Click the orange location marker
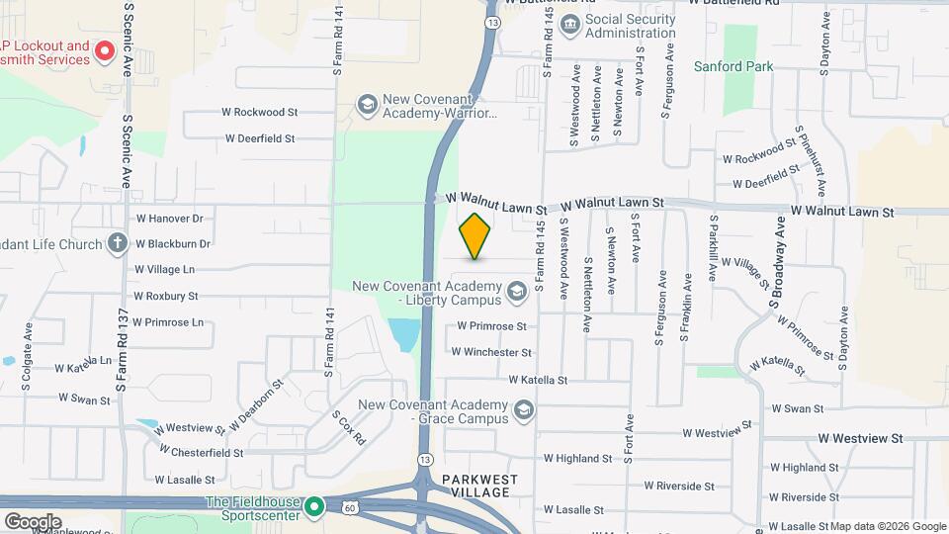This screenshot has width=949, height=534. [x=475, y=236]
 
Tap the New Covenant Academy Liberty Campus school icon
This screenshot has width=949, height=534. [x=515, y=292]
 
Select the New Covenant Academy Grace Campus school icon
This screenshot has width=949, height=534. [x=523, y=409]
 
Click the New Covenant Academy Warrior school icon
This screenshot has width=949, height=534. [x=368, y=105]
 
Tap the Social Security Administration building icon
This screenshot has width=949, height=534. [x=569, y=25]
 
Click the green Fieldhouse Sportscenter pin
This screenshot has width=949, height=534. [x=315, y=508]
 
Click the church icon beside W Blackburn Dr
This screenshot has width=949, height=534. [x=117, y=243]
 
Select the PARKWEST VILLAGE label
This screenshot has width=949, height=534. [x=479, y=479]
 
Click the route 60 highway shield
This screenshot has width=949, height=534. [x=349, y=507]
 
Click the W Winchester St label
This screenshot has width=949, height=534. [x=491, y=351]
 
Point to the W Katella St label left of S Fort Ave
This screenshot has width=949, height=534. [x=538, y=379]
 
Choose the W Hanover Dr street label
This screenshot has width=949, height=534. [x=169, y=219]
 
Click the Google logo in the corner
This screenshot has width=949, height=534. [x=33, y=521]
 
